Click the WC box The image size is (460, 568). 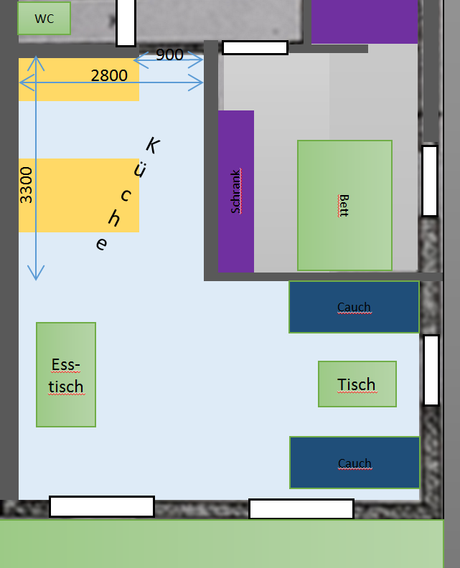coord(44,19)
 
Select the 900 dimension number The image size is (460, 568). coord(169,55)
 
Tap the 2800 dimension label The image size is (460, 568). coord(109,76)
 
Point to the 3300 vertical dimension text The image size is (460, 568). coord(26,185)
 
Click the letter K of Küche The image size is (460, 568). coord(153,146)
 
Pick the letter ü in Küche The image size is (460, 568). coord(140,169)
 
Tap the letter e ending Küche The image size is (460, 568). coord(101,244)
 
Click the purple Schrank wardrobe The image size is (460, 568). coord(236,191)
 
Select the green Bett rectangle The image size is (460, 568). coord(344,205)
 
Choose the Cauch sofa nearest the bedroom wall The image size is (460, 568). coord(355,307)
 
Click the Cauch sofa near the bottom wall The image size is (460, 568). coord(355,463)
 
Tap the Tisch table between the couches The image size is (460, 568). coord(357,384)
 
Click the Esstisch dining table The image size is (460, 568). coord(66,374)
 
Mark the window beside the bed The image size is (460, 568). coord(430,181)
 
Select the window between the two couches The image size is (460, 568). coord(431,370)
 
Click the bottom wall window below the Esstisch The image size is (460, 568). coord(102,506)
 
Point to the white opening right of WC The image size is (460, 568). coord(126,23)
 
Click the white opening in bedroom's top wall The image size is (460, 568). coord(255,48)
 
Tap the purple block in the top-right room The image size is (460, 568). coord(365,22)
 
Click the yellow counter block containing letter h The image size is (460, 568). coord(79,195)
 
